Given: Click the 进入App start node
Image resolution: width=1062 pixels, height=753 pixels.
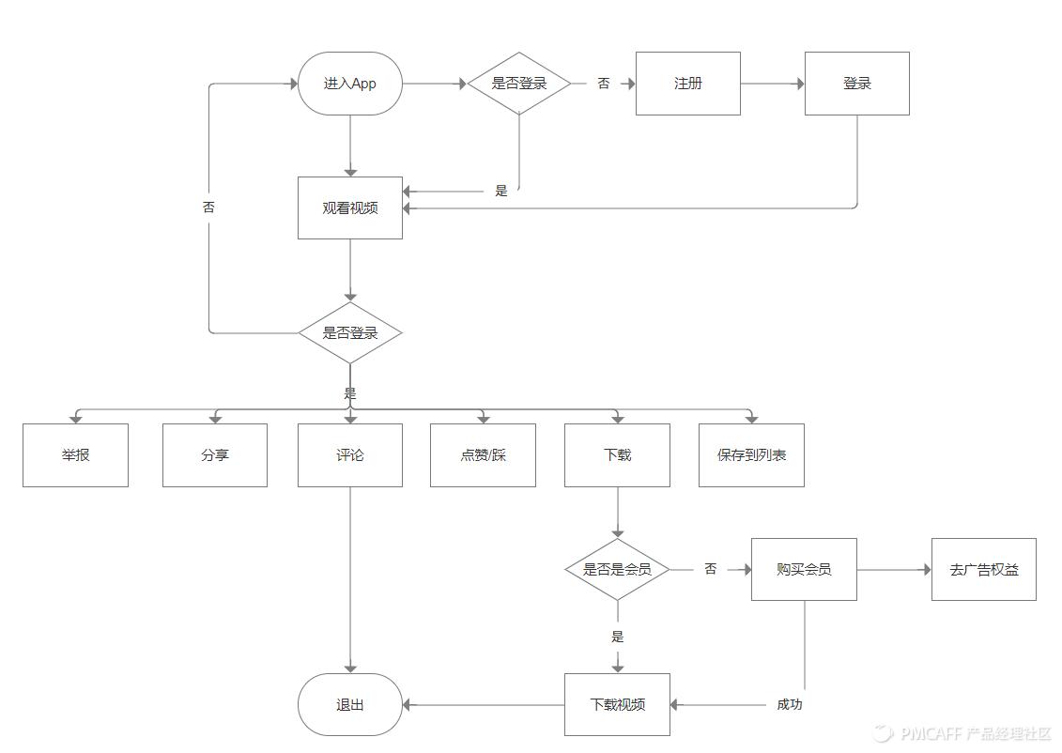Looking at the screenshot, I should click(x=350, y=84).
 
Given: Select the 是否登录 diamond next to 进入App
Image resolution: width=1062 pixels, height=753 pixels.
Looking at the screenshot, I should click(x=519, y=84).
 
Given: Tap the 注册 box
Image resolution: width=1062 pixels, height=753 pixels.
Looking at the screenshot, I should click(x=688, y=84).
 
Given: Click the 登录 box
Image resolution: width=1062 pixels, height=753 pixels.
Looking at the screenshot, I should click(x=857, y=84).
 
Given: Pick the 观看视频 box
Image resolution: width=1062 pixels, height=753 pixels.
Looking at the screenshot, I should click(x=350, y=207).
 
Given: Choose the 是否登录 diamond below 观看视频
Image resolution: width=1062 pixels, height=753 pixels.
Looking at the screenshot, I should click(x=350, y=332).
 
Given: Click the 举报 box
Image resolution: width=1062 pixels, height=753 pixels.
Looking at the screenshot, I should click(x=75, y=455).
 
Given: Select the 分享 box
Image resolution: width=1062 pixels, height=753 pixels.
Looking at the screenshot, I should click(x=215, y=455).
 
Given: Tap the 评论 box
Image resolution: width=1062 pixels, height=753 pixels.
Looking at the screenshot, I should click(x=350, y=455).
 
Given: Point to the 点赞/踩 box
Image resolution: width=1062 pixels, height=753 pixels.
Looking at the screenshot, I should click(x=483, y=455).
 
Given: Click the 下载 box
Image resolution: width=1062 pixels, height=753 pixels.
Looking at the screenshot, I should click(x=617, y=455).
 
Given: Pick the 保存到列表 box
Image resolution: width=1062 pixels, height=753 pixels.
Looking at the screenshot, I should click(x=751, y=455).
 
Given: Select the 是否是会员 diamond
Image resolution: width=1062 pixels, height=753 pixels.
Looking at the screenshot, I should click(x=617, y=569).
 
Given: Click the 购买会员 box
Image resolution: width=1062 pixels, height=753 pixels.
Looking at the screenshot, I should click(x=804, y=569).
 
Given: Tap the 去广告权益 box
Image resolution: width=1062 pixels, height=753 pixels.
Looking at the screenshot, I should click(x=984, y=569).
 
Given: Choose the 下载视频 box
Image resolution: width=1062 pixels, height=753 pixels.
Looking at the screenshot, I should click(x=617, y=704).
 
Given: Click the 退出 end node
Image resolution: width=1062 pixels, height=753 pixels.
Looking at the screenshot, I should click(x=350, y=704).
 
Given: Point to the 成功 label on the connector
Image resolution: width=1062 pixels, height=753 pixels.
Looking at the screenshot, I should click(x=790, y=704).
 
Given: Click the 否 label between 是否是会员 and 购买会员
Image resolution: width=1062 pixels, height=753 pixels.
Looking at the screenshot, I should click(x=711, y=569).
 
